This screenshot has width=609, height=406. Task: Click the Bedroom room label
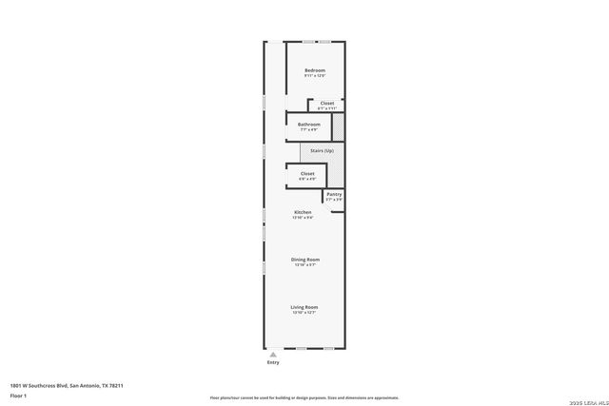(x=315, y=70)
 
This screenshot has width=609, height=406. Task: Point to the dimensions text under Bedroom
(x=315, y=76)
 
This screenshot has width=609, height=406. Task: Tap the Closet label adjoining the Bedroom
(x=326, y=103)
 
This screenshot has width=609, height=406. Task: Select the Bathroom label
(x=308, y=124)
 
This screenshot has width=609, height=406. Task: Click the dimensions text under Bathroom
(x=308, y=129)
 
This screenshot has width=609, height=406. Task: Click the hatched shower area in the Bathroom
(x=338, y=126)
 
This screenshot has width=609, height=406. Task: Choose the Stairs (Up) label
(x=322, y=151)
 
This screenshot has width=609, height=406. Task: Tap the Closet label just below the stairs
(x=307, y=173)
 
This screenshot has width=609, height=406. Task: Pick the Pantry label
(x=334, y=194)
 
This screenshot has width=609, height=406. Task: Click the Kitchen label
(x=303, y=212)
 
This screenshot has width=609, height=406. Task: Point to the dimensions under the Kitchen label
(x=303, y=218)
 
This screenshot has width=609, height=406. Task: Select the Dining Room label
(x=305, y=259)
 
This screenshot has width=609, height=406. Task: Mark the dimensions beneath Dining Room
(x=305, y=264)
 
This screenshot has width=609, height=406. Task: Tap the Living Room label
(x=304, y=306)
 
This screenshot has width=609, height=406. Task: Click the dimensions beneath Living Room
(x=304, y=312)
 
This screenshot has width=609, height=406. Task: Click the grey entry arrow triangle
(x=274, y=353)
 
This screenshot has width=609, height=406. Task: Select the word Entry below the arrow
(x=274, y=362)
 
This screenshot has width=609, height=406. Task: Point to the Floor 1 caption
(x=18, y=395)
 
